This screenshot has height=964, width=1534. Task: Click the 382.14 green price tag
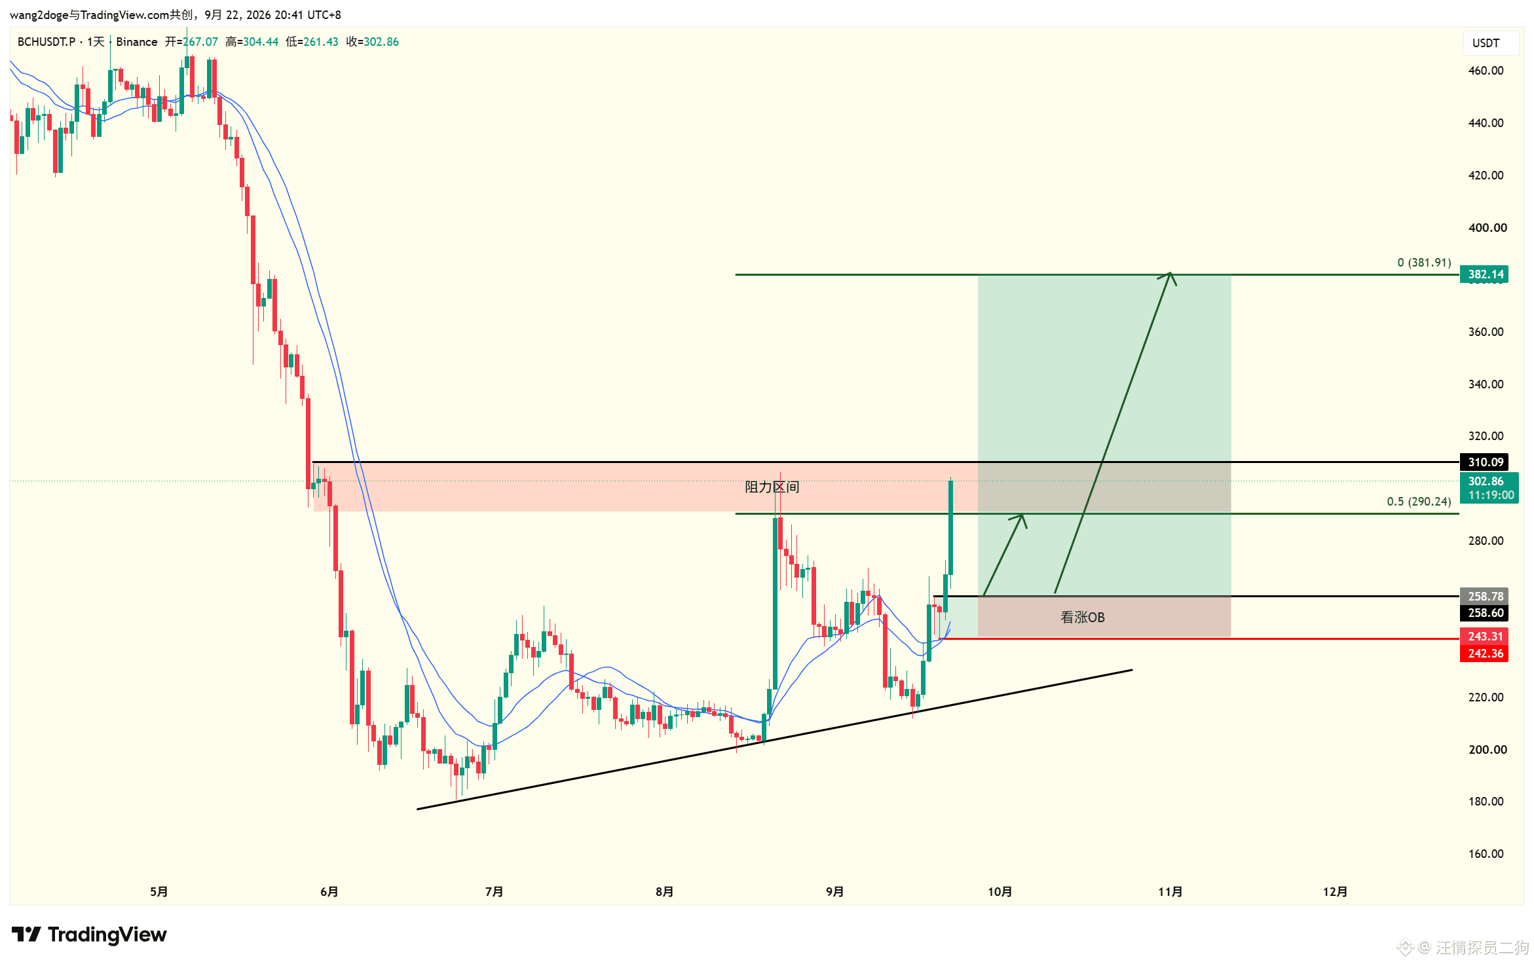[x=1484, y=274]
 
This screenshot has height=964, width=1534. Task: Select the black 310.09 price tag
[x=1484, y=462]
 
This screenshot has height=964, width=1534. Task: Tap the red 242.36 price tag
[x=1484, y=654]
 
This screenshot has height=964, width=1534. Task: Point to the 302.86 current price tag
[x=1489, y=488]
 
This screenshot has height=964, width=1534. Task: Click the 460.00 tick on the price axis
[x=1486, y=71]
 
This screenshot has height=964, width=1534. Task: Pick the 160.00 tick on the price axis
[x=1486, y=854]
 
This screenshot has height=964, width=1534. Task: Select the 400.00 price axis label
[x=1487, y=228]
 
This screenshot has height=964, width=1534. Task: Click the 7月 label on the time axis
[x=494, y=892]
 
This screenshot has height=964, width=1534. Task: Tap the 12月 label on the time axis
[x=1335, y=892]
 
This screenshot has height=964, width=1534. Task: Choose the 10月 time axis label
[x=1000, y=892]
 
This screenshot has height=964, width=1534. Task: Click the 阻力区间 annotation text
[x=772, y=487]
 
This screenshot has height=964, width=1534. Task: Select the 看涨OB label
[x=1083, y=618]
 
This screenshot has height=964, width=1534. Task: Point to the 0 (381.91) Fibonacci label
[x=1424, y=263]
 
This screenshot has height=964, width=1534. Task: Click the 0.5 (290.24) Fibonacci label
[x=1419, y=502]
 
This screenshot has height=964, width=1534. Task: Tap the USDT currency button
[x=1486, y=43]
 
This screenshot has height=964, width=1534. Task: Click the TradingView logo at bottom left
[x=89, y=935]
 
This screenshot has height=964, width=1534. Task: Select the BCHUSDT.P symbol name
[x=47, y=42]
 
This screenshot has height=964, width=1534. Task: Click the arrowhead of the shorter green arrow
[x=1020, y=520]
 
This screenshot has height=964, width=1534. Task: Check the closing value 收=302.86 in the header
[x=372, y=42]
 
